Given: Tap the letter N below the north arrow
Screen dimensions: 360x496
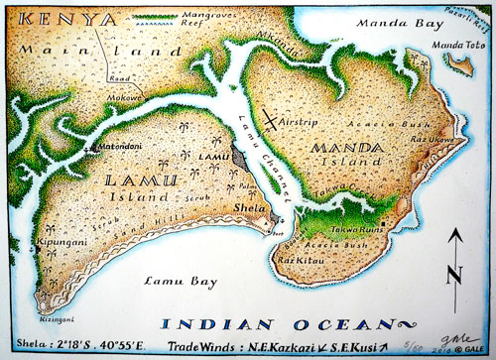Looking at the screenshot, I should [x=453, y=275].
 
